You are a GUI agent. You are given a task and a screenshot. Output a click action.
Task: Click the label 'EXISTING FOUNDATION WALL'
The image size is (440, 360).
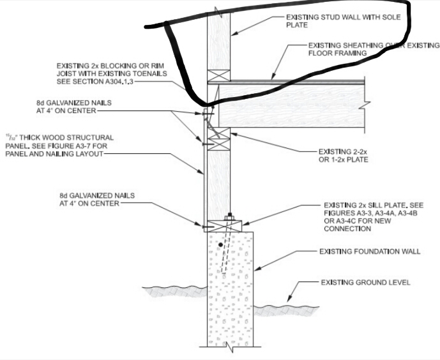(369, 251)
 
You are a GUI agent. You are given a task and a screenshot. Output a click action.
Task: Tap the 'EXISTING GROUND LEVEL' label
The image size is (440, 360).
(365, 282)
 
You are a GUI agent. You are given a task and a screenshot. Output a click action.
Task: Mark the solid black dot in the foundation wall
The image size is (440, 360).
(220, 244)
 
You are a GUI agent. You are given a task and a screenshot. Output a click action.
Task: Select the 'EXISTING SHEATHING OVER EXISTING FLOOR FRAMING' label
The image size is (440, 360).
(373, 50)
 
